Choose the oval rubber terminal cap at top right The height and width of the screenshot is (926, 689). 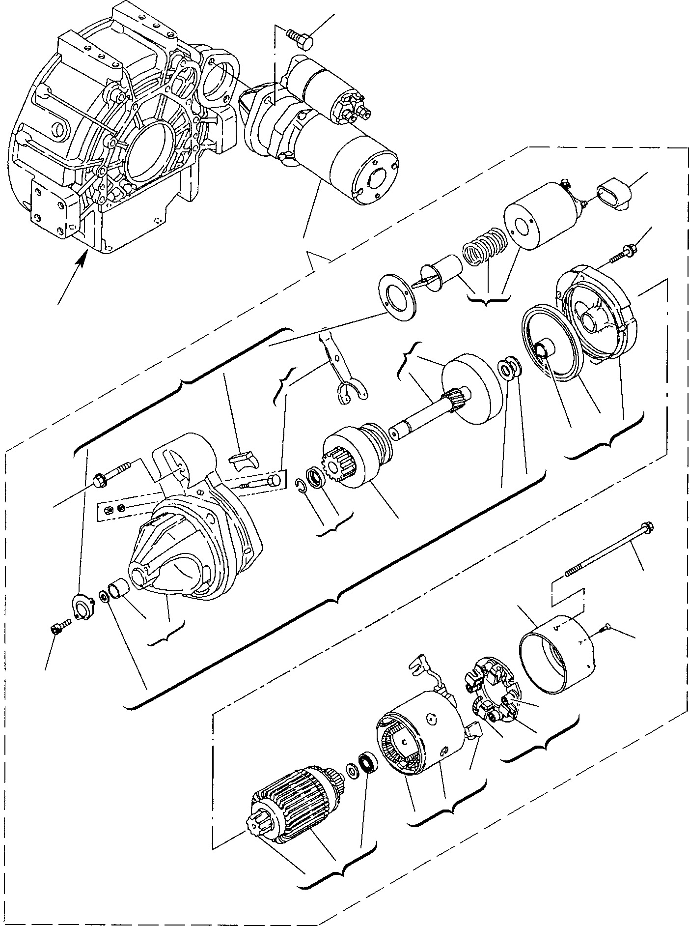click(x=613, y=195)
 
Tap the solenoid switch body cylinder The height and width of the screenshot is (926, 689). click(x=540, y=216)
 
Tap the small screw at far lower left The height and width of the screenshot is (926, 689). click(x=58, y=628)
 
